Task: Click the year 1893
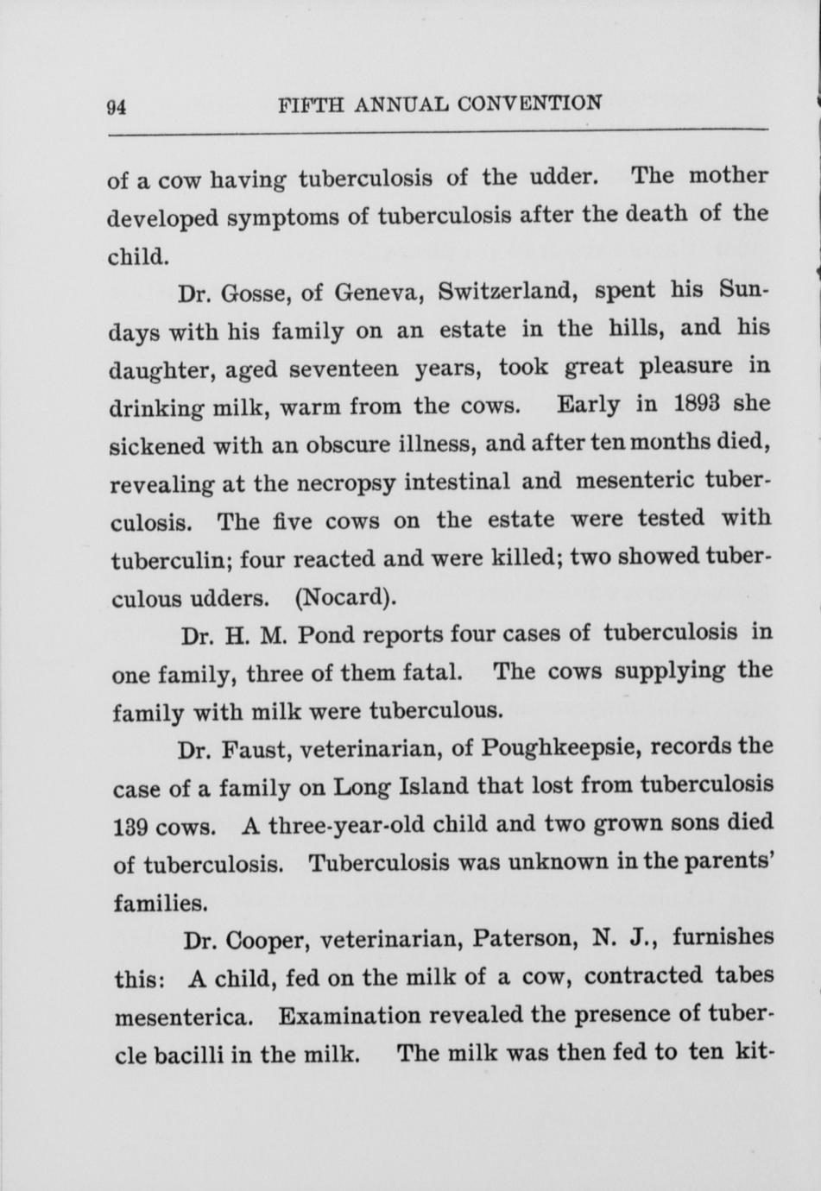point(709,405)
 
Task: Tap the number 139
point(134,827)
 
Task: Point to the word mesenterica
point(183,1016)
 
